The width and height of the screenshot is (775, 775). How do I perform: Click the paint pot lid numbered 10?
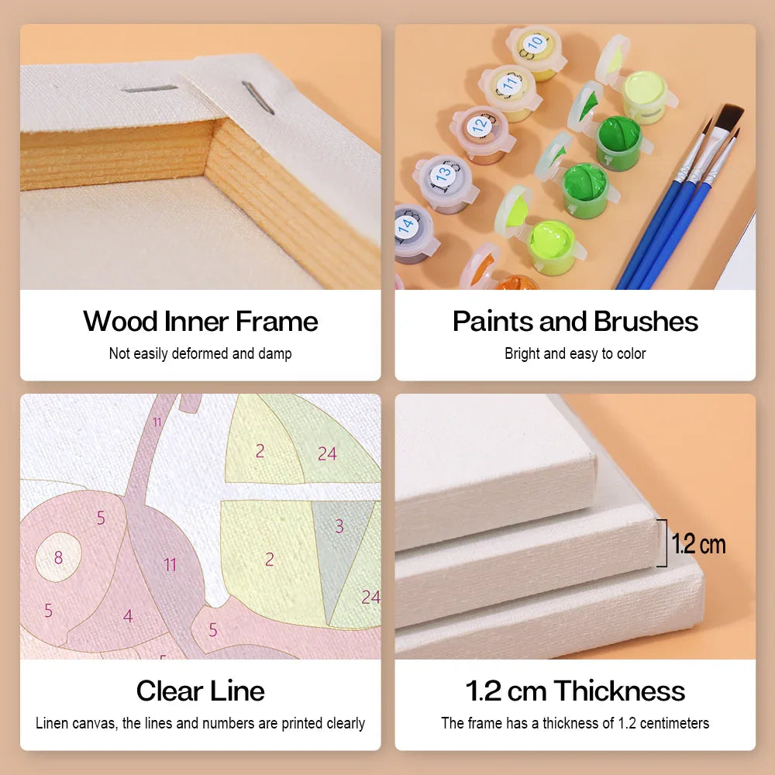(535, 44)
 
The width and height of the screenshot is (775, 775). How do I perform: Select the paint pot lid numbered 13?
(443, 174)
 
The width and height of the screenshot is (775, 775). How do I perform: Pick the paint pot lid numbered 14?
(407, 225)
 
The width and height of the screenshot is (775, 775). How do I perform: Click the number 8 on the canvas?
(58, 557)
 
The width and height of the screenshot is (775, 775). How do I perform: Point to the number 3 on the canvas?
(339, 526)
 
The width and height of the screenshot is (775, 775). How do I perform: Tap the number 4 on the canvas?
(128, 616)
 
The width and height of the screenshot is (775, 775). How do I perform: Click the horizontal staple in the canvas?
(150, 89)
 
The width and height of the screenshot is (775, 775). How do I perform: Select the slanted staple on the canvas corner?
(258, 98)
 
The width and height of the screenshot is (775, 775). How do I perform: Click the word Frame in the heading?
(277, 322)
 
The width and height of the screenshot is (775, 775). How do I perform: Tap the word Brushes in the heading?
(646, 322)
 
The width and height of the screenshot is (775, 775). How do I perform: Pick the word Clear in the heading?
(168, 691)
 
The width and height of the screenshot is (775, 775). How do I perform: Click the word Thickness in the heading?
(619, 691)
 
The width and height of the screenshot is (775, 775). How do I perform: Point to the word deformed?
(200, 353)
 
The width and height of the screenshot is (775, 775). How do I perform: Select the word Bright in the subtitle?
(522, 353)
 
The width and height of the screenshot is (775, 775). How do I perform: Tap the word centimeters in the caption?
(674, 723)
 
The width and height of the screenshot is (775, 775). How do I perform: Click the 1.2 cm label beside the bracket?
(699, 544)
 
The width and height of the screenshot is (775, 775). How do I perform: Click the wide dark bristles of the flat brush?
(728, 117)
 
